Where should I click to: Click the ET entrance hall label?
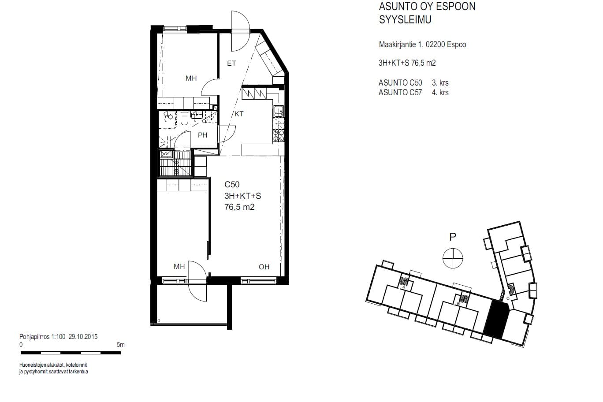pyautogui.click(x=231, y=63)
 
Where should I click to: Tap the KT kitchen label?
pyautogui.click(x=239, y=114)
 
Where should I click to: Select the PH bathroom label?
pyautogui.click(x=202, y=135)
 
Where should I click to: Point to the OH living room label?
pyautogui.click(x=264, y=267)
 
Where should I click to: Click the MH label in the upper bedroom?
pyautogui.click(x=191, y=78)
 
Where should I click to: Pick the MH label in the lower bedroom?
pyautogui.click(x=179, y=266)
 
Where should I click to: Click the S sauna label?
pyautogui.click(x=176, y=171)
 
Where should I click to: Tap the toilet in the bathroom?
pyautogui.click(x=184, y=119)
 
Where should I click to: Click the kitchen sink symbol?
pyautogui.click(x=279, y=111)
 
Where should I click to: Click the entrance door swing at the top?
pyautogui.click(x=241, y=31)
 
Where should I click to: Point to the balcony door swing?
pyautogui.click(x=197, y=281)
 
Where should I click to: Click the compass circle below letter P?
pyautogui.click(x=453, y=258)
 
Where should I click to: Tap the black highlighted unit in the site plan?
pyautogui.click(x=496, y=319)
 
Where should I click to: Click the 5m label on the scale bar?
pyautogui.click(x=121, y=345)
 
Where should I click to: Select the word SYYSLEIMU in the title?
pyautogui.click(x=405, y=19)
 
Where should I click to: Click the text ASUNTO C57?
pyautogui.click(x=400, y=93)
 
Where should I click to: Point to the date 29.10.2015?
pyautogui.click(x=83, y=337)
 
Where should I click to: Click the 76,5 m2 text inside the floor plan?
pyautogui.click(x=239, y=207)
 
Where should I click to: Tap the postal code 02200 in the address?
pyautogui.click(x=435, y=45)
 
